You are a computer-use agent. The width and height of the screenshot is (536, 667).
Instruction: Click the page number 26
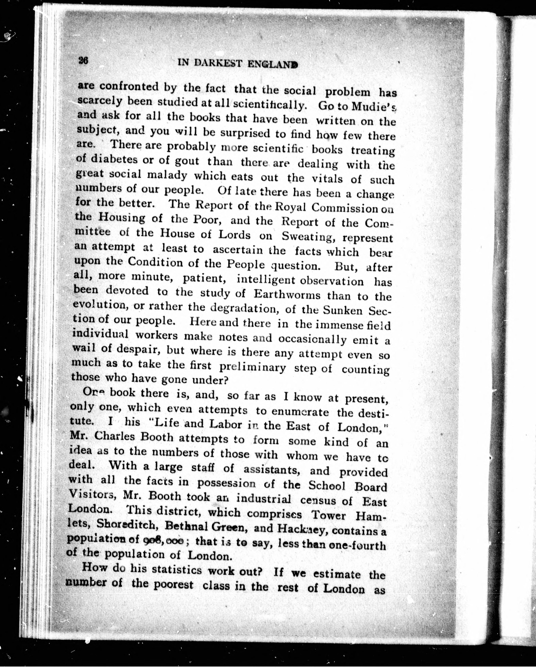pyautogui.click(x=83, y=60)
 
